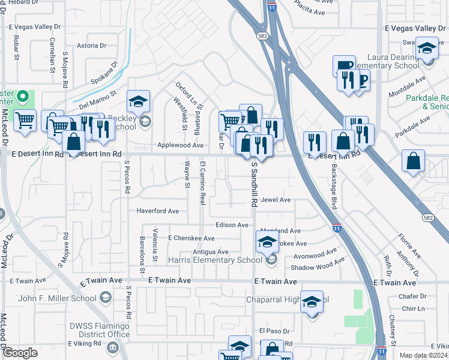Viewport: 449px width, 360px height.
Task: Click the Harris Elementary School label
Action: click(x=215, y=260)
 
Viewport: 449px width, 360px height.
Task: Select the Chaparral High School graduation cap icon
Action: click(x=312, y=302)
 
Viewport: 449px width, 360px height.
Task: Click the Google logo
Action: click(x=19, y=353)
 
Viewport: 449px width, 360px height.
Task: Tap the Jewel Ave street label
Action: click(x=276, y=200)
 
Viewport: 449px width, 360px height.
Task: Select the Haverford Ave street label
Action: click(x=157, y=211)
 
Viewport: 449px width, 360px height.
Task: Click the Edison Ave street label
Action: click(x=232, y=225)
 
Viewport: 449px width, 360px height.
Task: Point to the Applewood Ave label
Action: click(x=180, y=145)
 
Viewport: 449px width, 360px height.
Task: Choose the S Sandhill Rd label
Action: click(x=254, y=184)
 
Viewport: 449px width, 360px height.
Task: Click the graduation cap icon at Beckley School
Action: click(x=138, y=101)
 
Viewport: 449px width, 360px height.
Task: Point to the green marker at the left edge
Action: click(x=23, y=96)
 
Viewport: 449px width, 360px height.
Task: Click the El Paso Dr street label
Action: click(x=274, y=331)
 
